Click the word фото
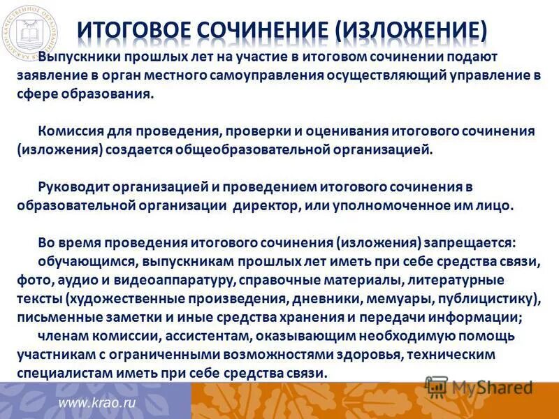point(31,280)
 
